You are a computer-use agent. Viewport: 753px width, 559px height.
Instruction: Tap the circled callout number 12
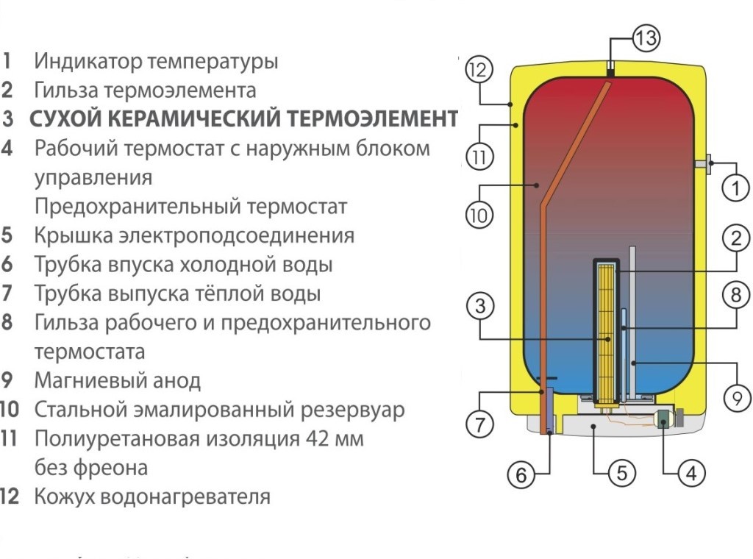(x=479, y=71)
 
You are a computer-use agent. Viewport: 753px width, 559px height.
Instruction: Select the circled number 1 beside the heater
(x=735, y=188)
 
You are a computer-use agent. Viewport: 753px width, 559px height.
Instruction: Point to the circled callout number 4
(x=690, y=474)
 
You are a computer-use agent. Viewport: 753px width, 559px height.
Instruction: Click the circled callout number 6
(x=521, y=476)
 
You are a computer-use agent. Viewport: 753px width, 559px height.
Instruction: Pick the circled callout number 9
(x=737, y=398)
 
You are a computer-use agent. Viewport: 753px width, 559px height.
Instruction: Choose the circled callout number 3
(x=480, y=307)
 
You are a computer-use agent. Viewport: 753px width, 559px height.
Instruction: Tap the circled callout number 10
(x=479, y=216)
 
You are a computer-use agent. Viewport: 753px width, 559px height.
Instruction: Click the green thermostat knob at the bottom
(x=663, y=419)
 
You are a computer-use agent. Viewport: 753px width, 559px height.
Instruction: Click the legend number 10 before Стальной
(x=10, y=410)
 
